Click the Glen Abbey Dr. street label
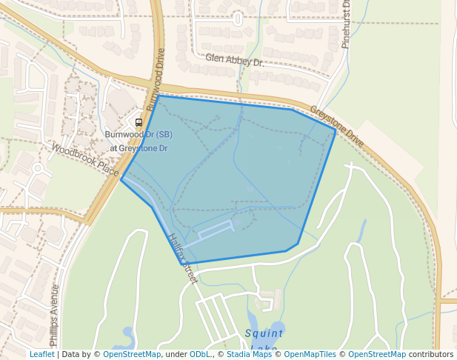coord(235,60)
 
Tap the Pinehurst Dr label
coord(346,25)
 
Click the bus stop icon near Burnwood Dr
coord(139,121)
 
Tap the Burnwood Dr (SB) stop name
coord(139,135)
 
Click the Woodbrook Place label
coord(85,160)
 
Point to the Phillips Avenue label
coord(54,316)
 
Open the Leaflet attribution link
coord(42,355)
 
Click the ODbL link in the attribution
coord(201,355)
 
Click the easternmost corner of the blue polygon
coord(335,130)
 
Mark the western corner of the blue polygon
coord(121,179)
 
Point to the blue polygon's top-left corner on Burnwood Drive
coord(159,96)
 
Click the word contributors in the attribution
coord(431,355)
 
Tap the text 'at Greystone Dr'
coord(139,148)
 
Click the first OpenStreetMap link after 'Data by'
coord(132,355)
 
